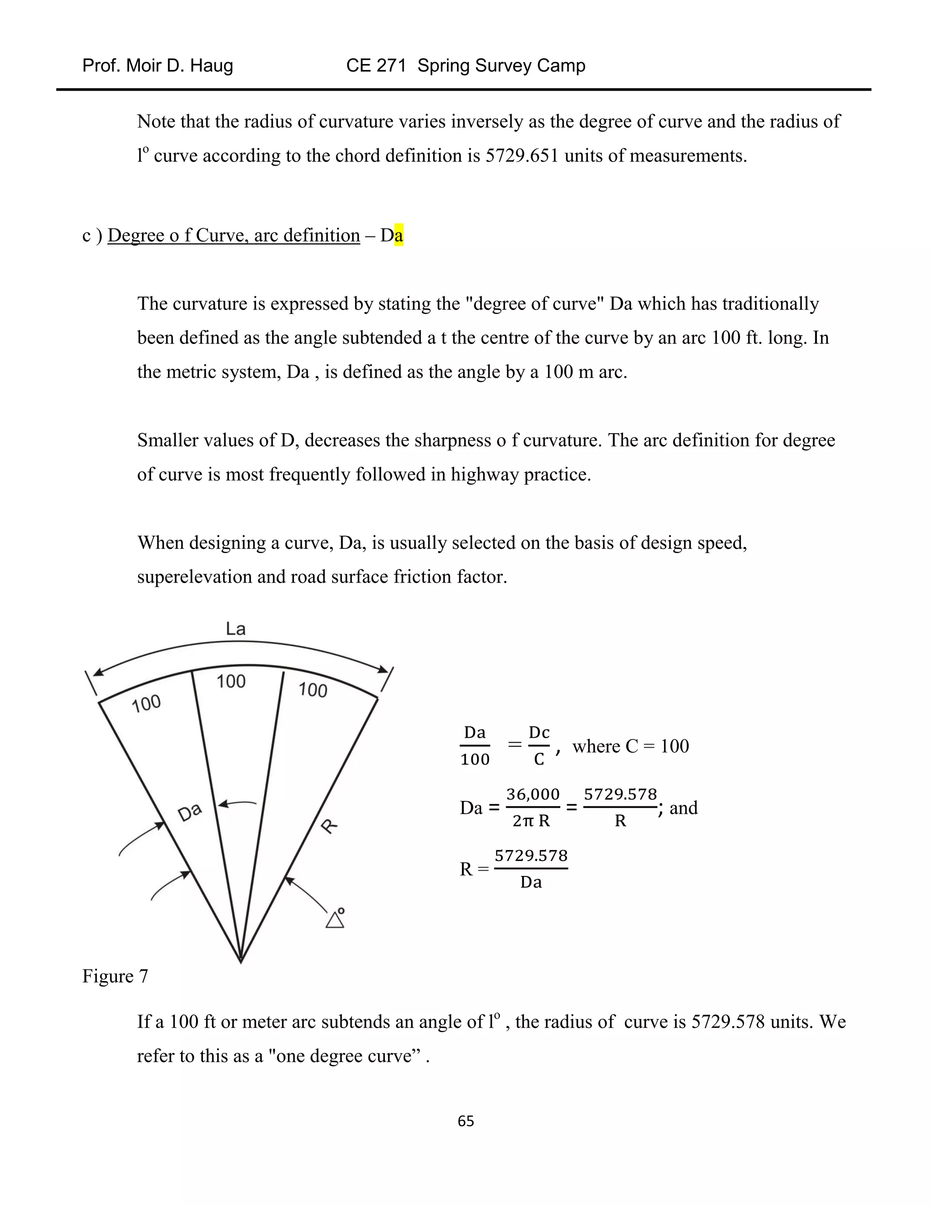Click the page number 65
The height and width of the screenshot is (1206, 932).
click(466, 1120)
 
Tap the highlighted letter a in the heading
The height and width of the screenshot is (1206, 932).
click(399, 235)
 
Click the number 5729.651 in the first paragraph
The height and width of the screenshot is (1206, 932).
click(522, 156)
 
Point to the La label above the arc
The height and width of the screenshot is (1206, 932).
click(236, 628)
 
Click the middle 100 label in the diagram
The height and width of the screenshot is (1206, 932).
click(231, 681)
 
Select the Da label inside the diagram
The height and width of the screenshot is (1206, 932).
click(190, 812)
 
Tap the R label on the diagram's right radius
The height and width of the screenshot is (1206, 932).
click(329, 826)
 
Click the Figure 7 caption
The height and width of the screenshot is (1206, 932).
click(115, 976)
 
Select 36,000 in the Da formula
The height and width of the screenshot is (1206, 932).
click(533, 794)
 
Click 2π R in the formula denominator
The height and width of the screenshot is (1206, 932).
click(531, 821)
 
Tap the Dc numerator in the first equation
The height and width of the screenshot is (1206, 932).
click(539, 732)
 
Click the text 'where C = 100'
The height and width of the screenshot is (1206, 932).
click(631, 746)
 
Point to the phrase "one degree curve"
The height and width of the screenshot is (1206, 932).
click(344, 1056)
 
